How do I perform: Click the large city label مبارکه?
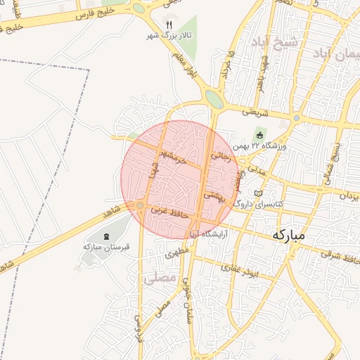288,236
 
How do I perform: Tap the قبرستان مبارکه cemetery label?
103,247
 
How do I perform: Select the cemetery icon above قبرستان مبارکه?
106,237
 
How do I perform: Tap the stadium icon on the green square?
259,135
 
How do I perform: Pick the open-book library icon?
257,193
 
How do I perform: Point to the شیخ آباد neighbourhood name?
275,42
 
